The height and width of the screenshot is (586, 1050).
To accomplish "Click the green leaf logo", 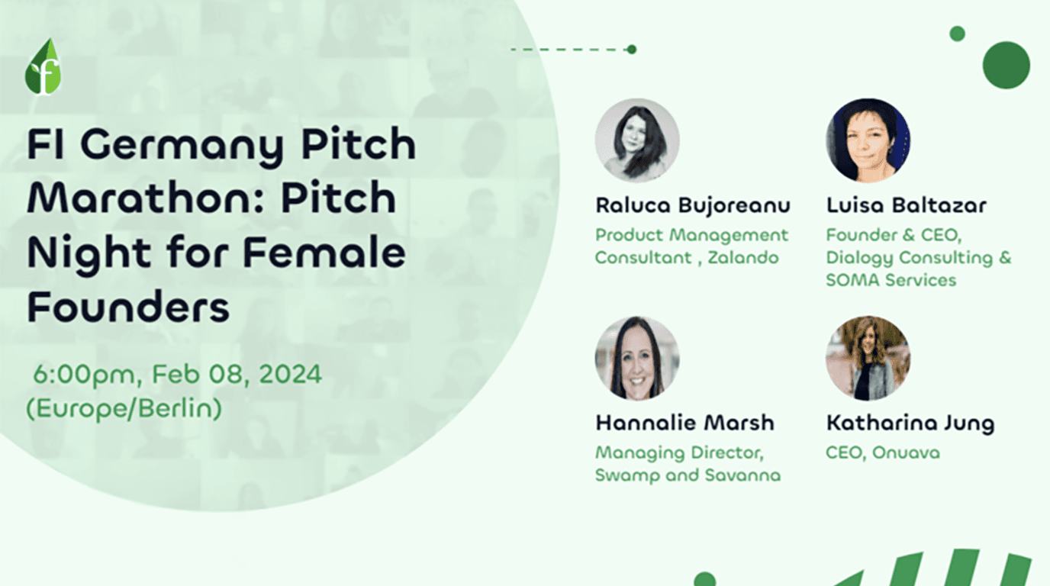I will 43,67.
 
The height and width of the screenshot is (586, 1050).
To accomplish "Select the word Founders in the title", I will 128,307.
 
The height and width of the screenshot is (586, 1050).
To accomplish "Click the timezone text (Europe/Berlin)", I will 124,408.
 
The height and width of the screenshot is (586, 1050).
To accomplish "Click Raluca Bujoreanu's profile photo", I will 636,140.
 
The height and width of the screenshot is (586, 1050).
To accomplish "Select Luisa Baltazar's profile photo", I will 868,140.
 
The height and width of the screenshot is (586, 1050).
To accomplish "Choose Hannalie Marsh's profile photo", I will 636,359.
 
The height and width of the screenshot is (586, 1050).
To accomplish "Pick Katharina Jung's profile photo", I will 868,359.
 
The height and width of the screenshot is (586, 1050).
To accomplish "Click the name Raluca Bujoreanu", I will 692,205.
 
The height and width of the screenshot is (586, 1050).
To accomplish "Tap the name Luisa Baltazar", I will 906,205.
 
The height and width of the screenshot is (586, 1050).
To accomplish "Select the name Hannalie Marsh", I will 684,423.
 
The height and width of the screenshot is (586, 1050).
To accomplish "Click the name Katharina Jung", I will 910,423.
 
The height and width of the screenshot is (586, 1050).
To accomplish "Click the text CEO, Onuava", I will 882,452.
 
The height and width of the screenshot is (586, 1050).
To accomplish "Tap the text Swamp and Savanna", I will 688,475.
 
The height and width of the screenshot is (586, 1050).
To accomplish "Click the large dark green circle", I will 1006,65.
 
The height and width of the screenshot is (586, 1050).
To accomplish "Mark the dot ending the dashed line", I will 631,50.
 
